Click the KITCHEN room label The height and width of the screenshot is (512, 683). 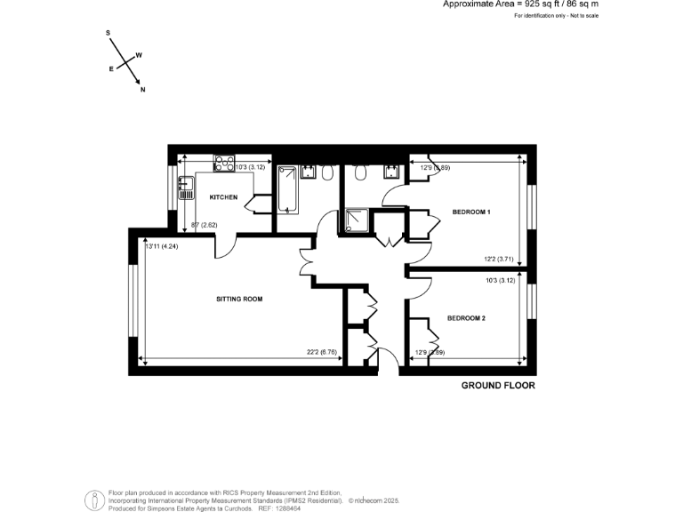coord(223,196)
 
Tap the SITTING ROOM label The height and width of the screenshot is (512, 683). coord(239,299)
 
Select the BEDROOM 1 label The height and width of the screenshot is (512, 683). coord(471,212)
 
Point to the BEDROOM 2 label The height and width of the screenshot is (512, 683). coord(466,317)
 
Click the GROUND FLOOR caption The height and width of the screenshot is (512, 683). coord(498,386)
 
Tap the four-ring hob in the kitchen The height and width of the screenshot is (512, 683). coord(223,163)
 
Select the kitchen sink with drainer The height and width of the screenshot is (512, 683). coord(186,187)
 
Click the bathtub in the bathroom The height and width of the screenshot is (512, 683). coord(287,188)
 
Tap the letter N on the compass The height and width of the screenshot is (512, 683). coord(143,89)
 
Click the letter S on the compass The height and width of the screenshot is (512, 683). coord(108,33)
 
